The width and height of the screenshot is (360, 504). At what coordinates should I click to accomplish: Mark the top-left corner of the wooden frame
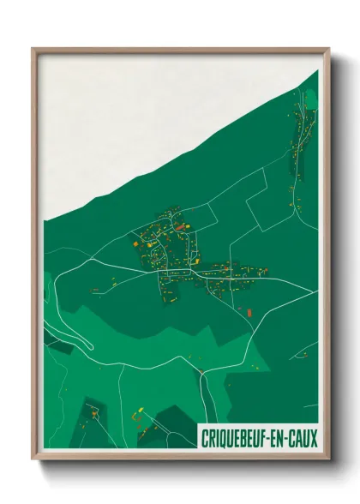pyautogui.click(x=33, y=50)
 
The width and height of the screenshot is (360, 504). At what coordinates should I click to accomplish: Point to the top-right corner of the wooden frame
pyautogui.click(x=328, y=50)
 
